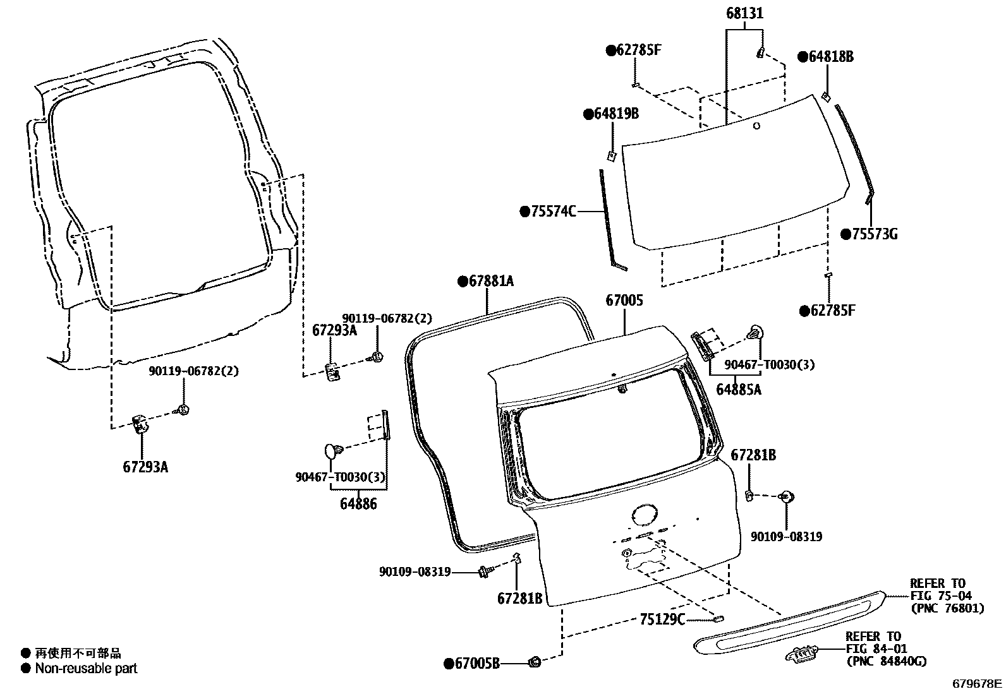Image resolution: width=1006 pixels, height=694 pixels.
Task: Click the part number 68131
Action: pyautogui.click(x=744, y=14)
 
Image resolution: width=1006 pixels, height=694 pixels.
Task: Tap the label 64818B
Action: pyautogui.click(x=830, y=57)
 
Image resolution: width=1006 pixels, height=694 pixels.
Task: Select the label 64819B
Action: pyautogui.click(x=615, y=114)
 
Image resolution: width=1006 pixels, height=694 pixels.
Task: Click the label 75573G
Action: pyautogui.click(x=874, y=234)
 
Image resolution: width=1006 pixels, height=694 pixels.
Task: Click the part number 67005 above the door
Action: pyautogui.click(x=624, y=301)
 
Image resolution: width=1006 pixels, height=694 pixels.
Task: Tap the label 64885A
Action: pyautogui.click(x=738, y=390)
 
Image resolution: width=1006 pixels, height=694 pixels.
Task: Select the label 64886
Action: pyautogui.click(x=358, y=503)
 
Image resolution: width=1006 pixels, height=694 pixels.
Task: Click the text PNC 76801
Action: pyautogui.click(x=947, y=609)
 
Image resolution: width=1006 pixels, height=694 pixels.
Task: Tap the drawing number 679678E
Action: pyautogui.click(x=977, y=683)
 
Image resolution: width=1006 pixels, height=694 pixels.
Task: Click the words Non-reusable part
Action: pyautogui.click(x=86, y=668)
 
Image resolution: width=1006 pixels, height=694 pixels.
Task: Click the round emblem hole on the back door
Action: pyautogui.click(x=644, y=513)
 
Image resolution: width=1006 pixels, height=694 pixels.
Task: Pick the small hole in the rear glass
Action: pyautogui.click(x=756, y=126)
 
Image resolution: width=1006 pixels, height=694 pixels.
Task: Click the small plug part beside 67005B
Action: pyautogui.click(x=535, y=662)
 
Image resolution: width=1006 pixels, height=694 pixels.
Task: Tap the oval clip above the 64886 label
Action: pyautogui.click(x=332, y=451)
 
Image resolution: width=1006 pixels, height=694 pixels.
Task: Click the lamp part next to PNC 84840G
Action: pyautogui.click(x=802, y=654)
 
